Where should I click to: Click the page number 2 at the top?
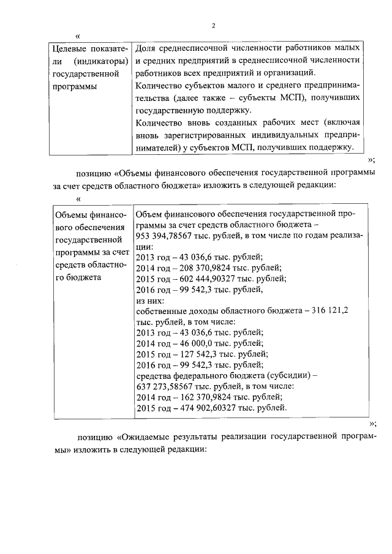(x=213, y=26)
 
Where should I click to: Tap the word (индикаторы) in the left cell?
(x=99, y=61)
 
